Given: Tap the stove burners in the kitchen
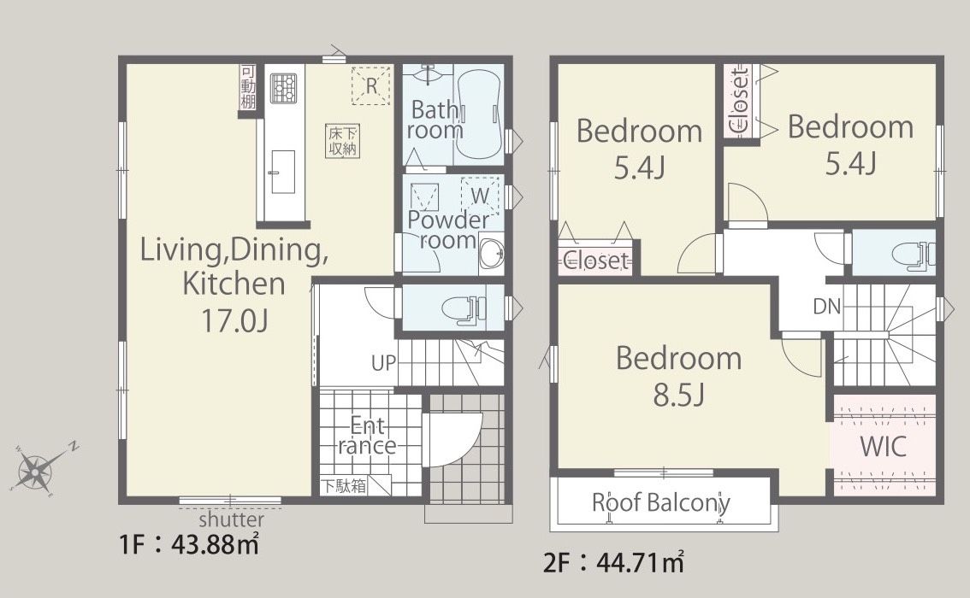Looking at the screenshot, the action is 283,89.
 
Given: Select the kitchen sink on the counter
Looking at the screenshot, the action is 281,172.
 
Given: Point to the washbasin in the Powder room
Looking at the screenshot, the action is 492,253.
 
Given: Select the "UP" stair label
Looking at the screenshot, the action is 383,362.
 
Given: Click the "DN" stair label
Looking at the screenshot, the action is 827,306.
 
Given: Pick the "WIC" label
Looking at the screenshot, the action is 883,446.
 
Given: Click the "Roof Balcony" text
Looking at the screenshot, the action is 660,502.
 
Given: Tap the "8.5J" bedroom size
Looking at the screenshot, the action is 679,394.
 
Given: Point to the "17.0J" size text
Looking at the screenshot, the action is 234,320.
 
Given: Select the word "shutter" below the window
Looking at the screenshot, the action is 231,519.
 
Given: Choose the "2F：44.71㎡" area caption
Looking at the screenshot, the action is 613,562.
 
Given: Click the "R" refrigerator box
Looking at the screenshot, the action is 371,85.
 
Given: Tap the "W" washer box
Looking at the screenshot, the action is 480,196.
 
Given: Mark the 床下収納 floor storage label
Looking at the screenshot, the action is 343,140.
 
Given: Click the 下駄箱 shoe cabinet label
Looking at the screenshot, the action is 343,485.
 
